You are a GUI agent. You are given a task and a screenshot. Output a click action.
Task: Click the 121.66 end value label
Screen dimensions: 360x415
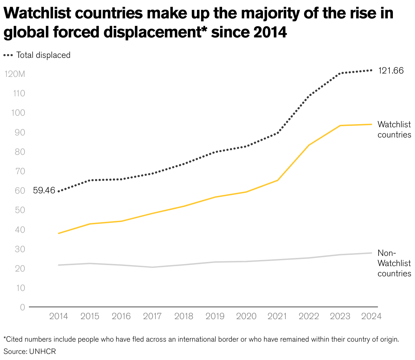(x=391, y=71)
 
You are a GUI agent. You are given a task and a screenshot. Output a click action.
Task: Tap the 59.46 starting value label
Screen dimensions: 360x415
(x=44, y=191)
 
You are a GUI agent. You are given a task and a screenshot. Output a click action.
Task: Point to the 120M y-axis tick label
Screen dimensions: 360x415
(x=15, y=74)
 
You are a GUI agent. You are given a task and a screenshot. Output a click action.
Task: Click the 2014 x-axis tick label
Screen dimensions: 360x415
(x=59, y=316)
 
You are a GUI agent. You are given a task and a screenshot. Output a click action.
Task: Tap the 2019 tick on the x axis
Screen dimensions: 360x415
(x=215, y=316)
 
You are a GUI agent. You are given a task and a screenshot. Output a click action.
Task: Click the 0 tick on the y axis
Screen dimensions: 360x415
(x=22, y=307)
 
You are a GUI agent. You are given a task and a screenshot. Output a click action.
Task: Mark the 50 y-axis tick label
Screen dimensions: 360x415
(x=20, y=210)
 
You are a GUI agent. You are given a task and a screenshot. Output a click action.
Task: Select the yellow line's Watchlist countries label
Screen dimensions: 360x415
(x=394, y=130)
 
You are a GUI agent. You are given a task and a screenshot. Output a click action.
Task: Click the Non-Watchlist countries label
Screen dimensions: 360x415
(x=394, y=263)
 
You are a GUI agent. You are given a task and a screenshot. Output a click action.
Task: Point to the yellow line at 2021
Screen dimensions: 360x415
(x=278, y=180)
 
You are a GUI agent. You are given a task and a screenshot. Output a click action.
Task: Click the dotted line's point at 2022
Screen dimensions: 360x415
(x=309, y=96)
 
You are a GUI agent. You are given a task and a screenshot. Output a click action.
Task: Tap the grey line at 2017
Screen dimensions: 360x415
(x=152, y=267)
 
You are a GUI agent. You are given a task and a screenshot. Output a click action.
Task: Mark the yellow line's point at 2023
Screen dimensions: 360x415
(x=340, y=126)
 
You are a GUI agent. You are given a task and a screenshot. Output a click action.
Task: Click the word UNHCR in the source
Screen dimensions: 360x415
(x=43, y=351)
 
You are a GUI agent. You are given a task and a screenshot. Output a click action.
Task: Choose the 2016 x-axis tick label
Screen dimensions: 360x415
(x=121, y=316)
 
